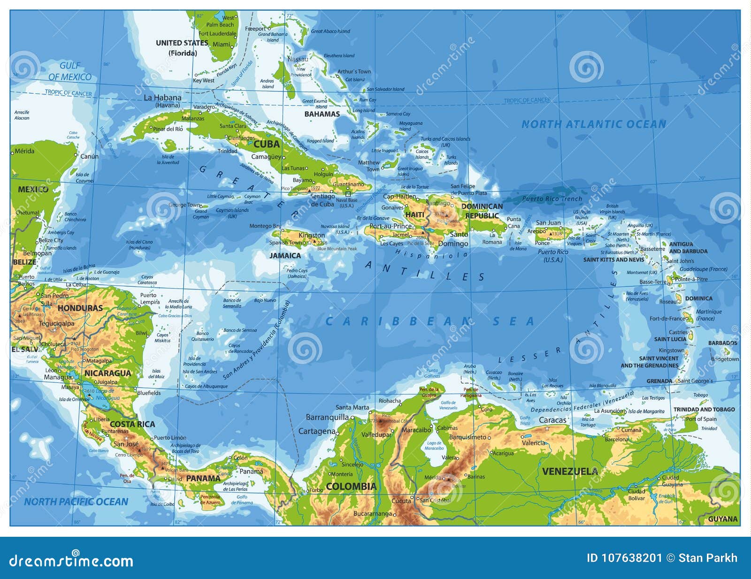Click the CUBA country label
click(266, 144)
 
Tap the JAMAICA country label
click(285, 256)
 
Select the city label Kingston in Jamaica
click(312, 235)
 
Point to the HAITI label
click(414, 214)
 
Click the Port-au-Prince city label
click(390, 226)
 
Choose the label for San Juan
click(548, 223)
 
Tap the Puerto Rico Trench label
click(552, 199)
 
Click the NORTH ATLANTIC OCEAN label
click(594, 124)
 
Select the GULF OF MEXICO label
click(70, 71)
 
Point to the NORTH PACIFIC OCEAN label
click(76, 502)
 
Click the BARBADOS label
click(722, 343)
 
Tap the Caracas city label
click(552, 420)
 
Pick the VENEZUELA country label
click(570, 471)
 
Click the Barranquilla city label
click(327, 417)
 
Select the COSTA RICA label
click(132, 424)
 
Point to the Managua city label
click(58, 377)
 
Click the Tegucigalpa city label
click(56, 323)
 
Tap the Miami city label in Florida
click(222, 45)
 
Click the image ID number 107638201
click(624, 558)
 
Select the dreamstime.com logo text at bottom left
click(71, 560)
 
